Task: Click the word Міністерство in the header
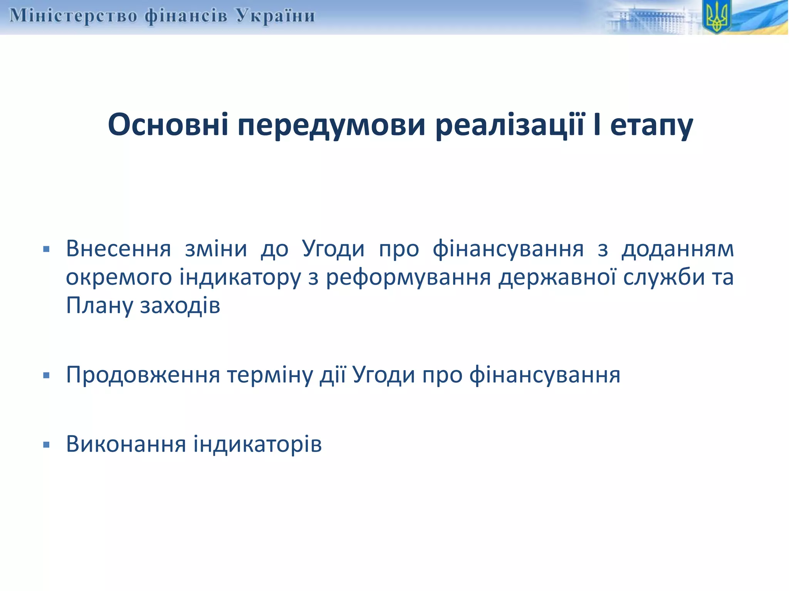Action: click(73, 16)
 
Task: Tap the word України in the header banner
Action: click(275, 16)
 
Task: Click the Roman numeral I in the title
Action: click(597, 125)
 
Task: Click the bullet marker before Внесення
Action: click(47, 249)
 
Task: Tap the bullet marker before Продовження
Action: click(47, 375)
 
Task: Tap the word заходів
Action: click(180, 306)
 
